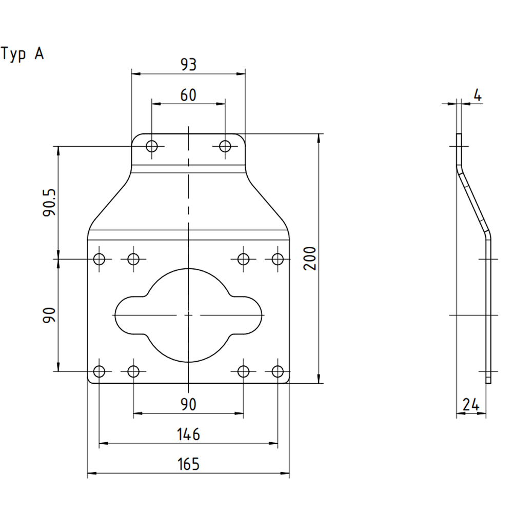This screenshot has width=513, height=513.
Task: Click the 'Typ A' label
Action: tap(22, 54)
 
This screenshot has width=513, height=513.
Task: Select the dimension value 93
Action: tap(188, 65)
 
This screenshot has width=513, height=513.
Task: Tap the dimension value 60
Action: tap(188, 95)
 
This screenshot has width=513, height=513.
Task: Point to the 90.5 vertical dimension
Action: tap(49, 203)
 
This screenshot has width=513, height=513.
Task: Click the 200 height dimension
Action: tap(310, 259)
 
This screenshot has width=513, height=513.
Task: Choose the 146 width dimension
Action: tap(188, 435)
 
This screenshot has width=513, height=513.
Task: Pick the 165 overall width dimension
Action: tap(188, 464)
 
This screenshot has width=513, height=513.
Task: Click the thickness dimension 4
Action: tap(478, 95)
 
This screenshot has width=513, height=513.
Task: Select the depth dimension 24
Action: tap(471, 405)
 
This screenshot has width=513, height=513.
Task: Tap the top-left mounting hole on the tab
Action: tap(152, 146)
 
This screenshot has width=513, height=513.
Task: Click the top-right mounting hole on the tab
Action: tap(225, 146)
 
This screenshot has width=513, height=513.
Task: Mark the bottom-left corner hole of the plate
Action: tap(99, 371)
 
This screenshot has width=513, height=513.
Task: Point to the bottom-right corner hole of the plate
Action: tap(278, 371)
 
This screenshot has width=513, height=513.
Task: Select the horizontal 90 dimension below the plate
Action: tap(188, 405)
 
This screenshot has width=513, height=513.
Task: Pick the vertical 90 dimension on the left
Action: tap(49, 315)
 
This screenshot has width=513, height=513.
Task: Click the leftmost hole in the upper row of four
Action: tap(99, 259)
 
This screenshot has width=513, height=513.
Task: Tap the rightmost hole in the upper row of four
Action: tap(278, 259)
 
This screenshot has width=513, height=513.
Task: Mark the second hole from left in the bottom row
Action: tap(133, 371)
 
